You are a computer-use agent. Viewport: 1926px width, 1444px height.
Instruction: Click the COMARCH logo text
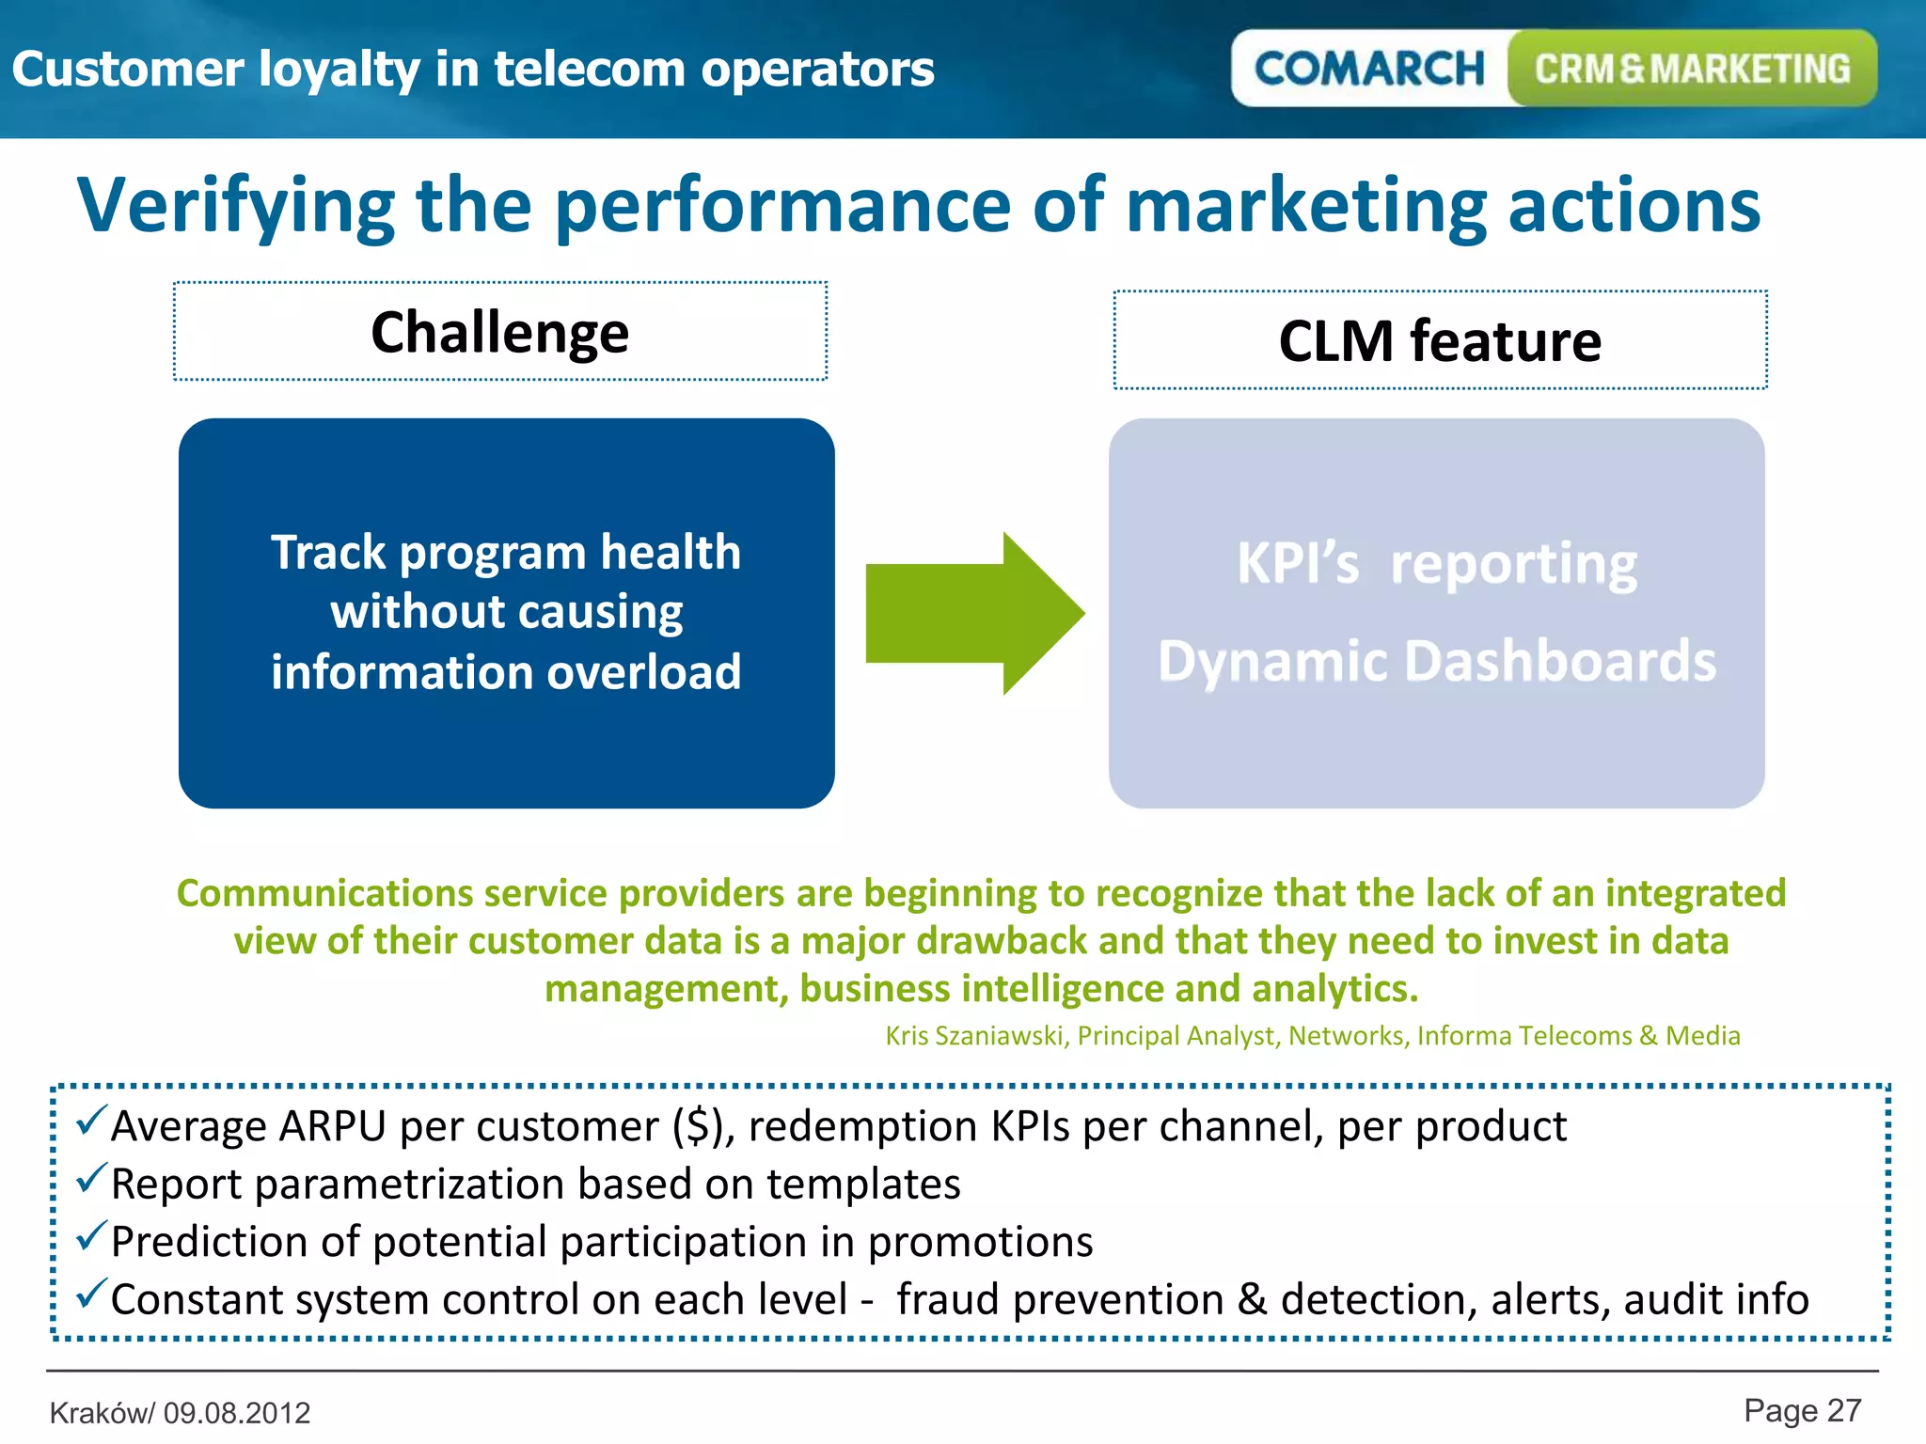[x=1368, y=69]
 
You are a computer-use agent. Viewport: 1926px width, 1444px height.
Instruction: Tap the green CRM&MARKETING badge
[x=1692, y=69]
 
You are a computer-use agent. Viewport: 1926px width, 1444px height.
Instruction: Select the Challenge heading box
[x=500, y=332]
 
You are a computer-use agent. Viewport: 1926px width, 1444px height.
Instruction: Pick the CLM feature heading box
[x=1440, y=340]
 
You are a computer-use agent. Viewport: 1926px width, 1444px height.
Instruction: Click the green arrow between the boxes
[x=974, y=613]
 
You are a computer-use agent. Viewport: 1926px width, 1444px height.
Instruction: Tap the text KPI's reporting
[x=1436, y=564]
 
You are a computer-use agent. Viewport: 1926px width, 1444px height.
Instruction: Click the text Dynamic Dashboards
[x=1436, y=661]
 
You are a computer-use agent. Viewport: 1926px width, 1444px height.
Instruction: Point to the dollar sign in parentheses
[x=699, y=1126]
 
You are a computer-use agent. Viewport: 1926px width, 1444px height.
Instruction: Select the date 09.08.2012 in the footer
[x=237, y=1413]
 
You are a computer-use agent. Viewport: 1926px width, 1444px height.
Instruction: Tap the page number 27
[x=1844, y=1411]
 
